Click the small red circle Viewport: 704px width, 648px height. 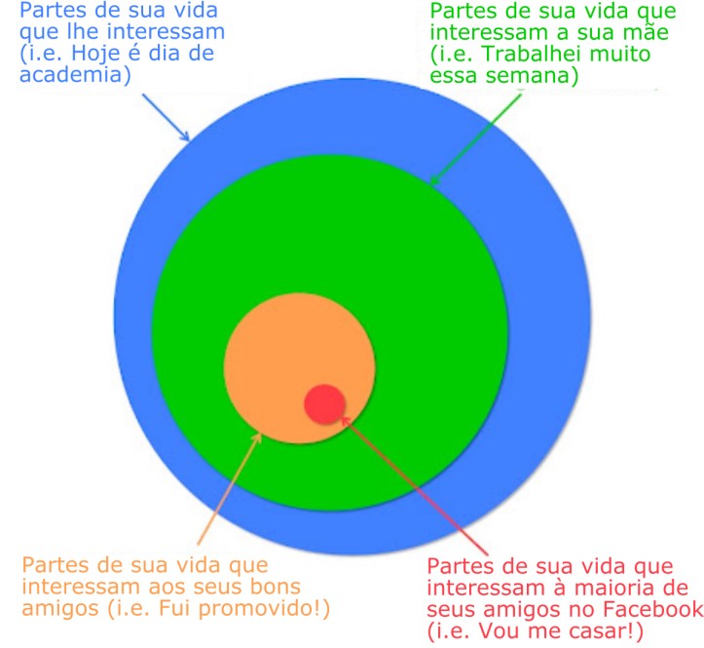[324, 404]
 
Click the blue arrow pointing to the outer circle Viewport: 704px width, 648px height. [166, 117]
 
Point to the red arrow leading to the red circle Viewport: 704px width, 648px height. [414, 485]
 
